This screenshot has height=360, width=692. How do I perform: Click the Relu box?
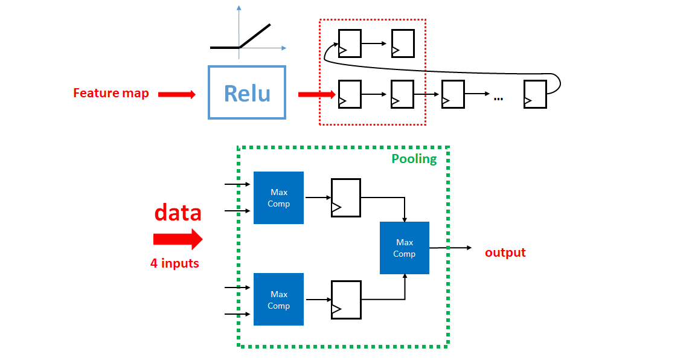[246, 92]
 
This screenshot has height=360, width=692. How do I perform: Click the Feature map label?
[111, 93]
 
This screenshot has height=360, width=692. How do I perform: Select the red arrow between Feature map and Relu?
[177, 94]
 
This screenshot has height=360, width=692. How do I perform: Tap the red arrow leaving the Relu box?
[316, 94]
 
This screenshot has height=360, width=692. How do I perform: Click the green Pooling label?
[414, 159]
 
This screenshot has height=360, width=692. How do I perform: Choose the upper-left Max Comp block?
[278, 198]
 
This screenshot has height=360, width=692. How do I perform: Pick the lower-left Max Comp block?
[278, 300]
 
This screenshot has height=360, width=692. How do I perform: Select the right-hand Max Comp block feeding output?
[404, 248]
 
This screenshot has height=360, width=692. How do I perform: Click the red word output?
[505, 252]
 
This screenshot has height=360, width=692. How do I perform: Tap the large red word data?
[178, 213]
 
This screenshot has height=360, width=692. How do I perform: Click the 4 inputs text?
[175, 263]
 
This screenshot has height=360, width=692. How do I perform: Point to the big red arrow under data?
[178, 239]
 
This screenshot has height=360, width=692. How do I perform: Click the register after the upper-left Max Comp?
[345, 198]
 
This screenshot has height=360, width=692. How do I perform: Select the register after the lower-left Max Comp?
[345, 300]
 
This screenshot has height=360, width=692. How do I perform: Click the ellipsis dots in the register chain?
[498, 98]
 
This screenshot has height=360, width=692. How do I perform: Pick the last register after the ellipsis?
[535, 94]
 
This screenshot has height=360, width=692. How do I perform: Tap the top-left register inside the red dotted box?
[350, 43]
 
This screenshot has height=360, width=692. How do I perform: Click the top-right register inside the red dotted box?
[403, 43]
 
